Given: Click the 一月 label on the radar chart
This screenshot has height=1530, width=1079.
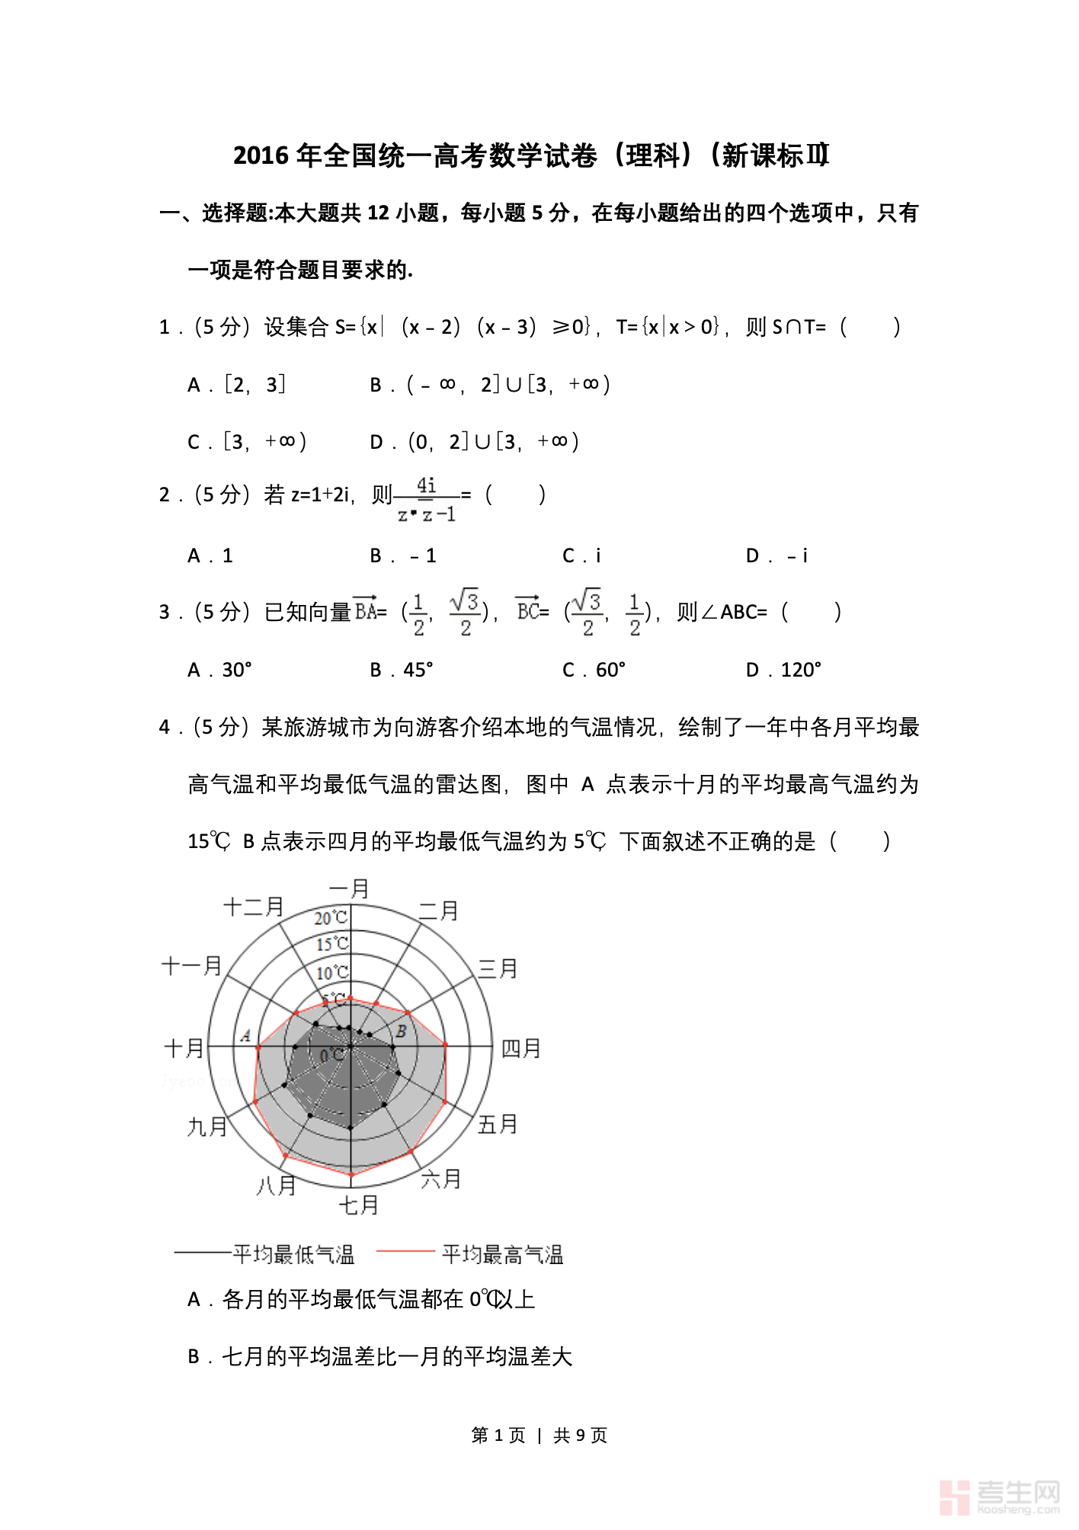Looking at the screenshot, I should pyautogui.click(x=349, y=888).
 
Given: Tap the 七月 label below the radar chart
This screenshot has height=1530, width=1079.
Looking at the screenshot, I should pyautogui.click(x=358, y=1205).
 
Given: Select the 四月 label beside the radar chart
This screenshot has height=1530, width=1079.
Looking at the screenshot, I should pyautogui.click(x=520, y=1048).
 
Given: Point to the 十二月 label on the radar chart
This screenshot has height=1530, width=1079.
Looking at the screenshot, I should pyautogui.click(x=254, y=906).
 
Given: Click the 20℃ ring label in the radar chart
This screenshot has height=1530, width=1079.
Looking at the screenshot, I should pyautogui.click(x=331, y=918).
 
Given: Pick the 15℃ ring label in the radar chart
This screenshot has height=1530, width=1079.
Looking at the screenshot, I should pyautogui.click(x=332, y=944).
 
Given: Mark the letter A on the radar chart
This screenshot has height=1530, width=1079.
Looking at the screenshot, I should pyautogui.click(x=245, y=1035).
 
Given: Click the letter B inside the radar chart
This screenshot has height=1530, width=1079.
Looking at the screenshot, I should pyautogui.click(x=401, y=1032).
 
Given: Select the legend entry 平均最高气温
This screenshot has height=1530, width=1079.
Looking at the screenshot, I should pyautogui.click(x=502, y=1254).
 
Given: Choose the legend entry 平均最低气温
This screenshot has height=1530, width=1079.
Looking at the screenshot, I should pyautogui.click(x=293, y=1254).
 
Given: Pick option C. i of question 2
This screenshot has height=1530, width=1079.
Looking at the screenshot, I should pyautogui.click(x=581, y=556).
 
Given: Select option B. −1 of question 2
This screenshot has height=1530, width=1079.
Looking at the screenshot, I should pyautogui.click(x=403, y=556).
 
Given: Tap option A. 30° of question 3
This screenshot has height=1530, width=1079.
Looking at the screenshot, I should pyautogui.click(x=219, y=670).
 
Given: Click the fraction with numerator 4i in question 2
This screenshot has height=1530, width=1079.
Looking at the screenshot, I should pyautogui.click(x=427, y=500).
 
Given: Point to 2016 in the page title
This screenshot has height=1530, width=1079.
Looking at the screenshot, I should pyautogui.click(x=261, y=155).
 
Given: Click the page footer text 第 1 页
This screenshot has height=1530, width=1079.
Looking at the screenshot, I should pyautogui.click(x=498, y=1436).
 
